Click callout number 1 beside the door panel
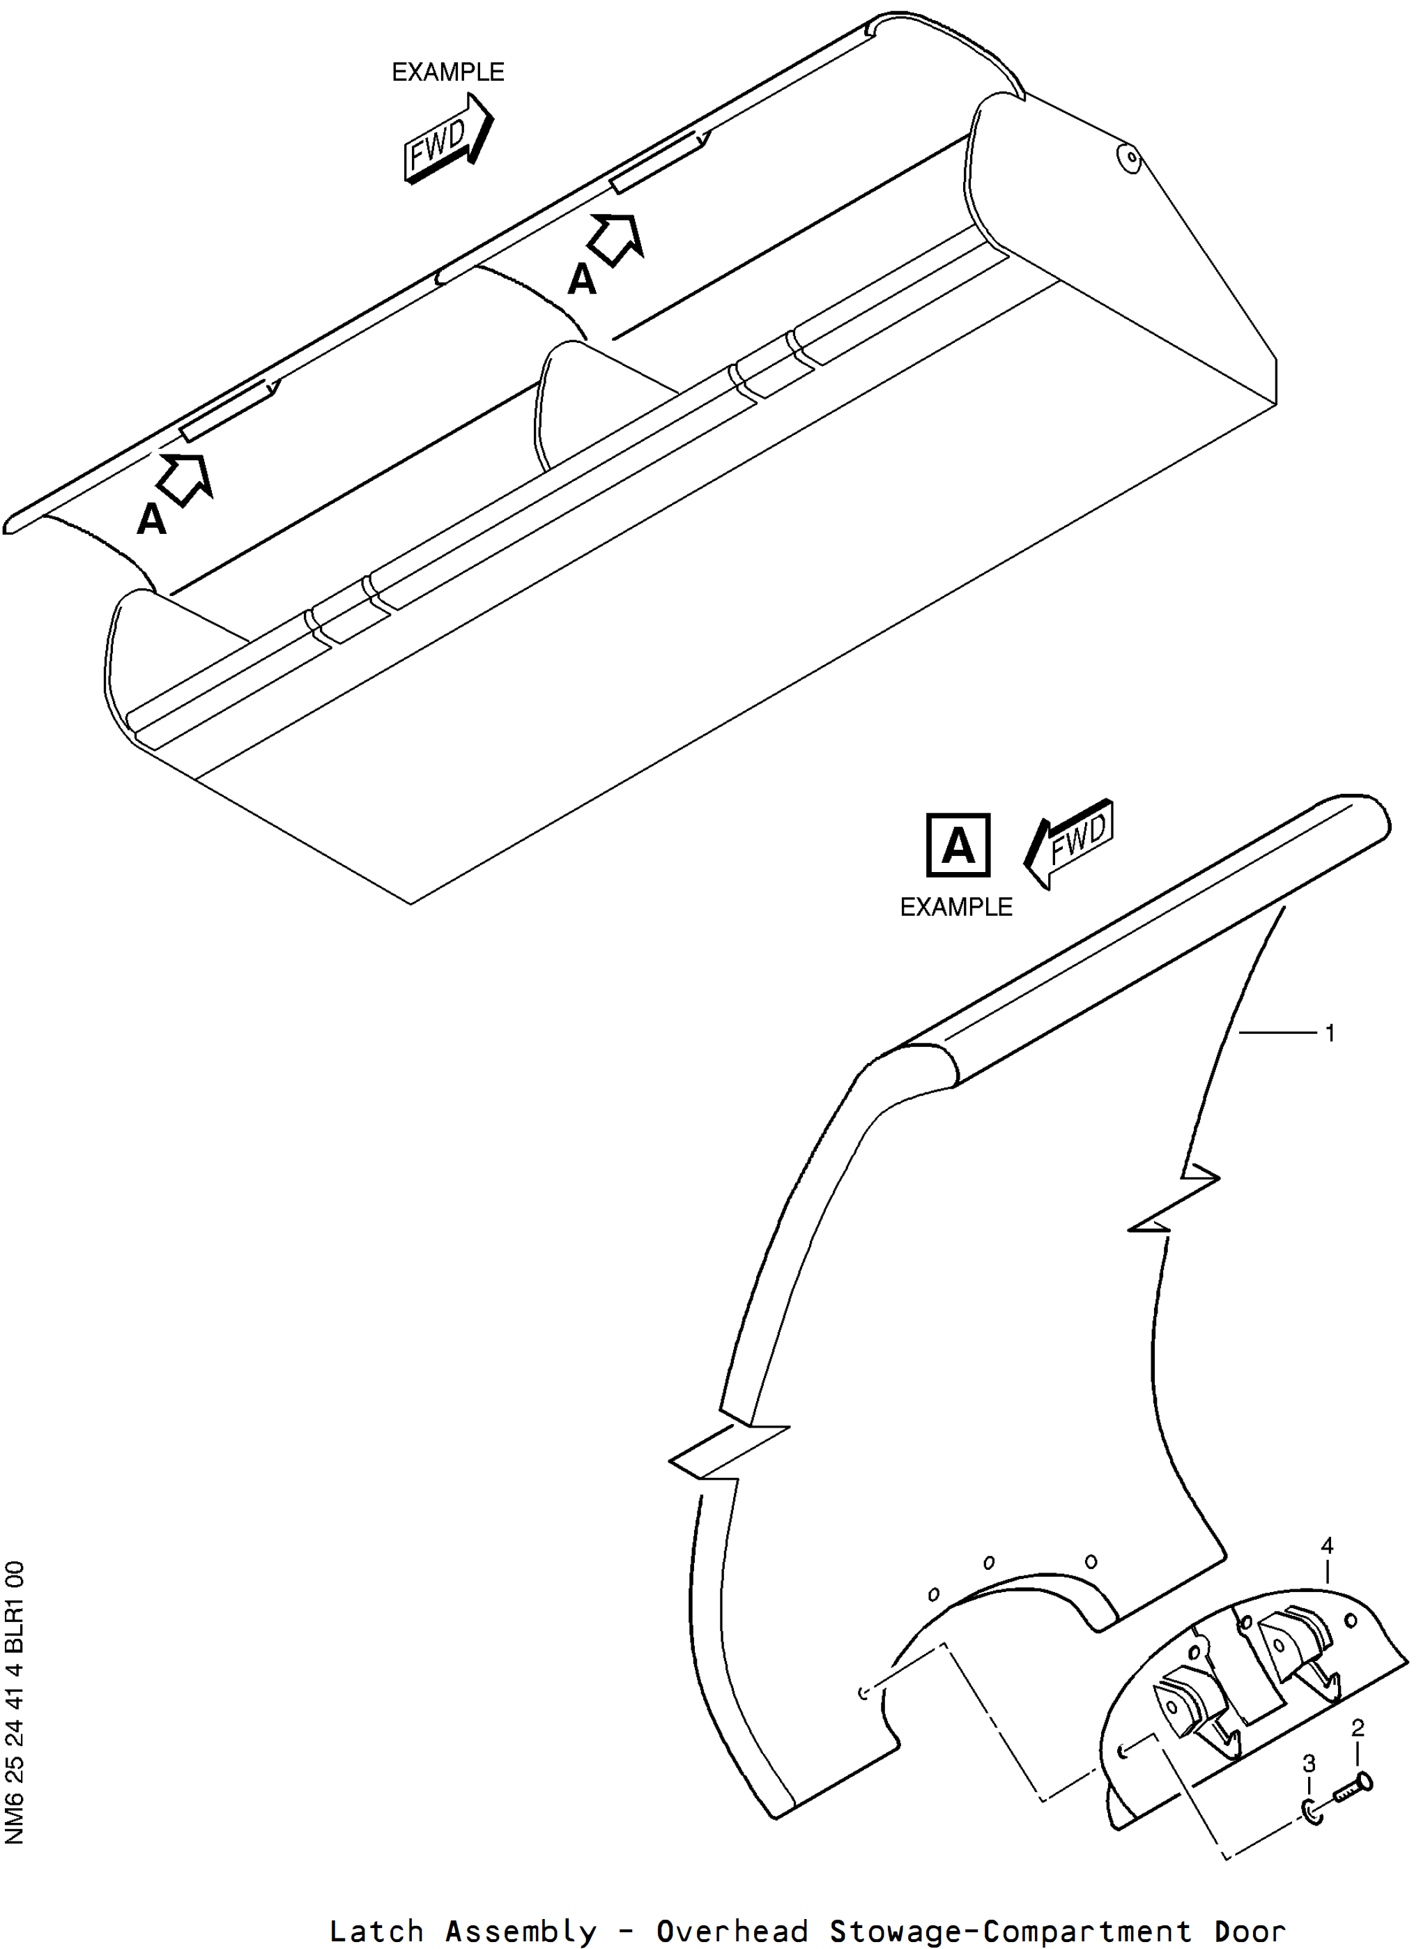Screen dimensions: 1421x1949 1330,1032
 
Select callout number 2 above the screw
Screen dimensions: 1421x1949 1358,1728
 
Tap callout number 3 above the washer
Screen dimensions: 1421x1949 1309,1764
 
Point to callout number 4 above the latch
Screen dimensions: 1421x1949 1327,1545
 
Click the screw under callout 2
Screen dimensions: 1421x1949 1353,1789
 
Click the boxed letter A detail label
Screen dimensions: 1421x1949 958,845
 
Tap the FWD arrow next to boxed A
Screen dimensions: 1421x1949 1069,843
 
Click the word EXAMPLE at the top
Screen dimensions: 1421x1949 448,72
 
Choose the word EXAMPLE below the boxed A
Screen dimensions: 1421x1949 955,907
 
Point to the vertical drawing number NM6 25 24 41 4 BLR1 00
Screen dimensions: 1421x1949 15,1702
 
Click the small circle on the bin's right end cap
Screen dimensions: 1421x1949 1132,157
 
